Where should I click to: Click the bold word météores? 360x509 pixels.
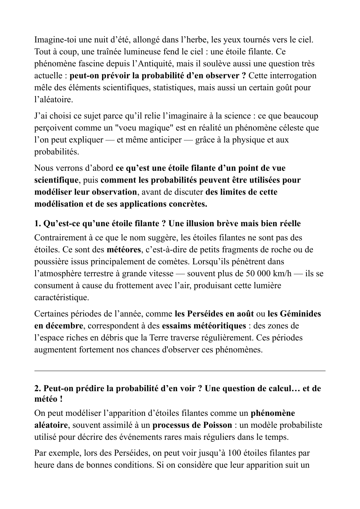124,249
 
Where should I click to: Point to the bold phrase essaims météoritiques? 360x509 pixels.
204,326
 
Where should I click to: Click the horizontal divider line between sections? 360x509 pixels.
180,371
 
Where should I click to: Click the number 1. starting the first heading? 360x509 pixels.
38,223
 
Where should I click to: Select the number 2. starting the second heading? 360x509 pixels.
38,389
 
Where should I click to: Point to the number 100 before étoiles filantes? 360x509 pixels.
227,453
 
